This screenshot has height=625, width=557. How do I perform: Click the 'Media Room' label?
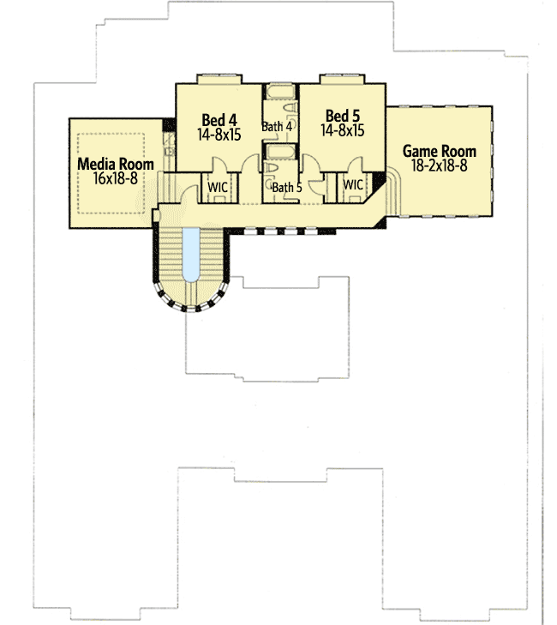pos(116,164)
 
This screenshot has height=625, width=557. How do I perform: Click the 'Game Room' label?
pos(440,151)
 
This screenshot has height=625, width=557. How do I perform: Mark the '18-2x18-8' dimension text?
pos(440,165)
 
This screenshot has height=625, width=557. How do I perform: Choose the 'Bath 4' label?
pos(278,127)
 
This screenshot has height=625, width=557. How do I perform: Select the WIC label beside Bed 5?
pos(353,184)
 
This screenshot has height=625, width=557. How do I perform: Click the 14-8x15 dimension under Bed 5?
pos(343,131)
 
